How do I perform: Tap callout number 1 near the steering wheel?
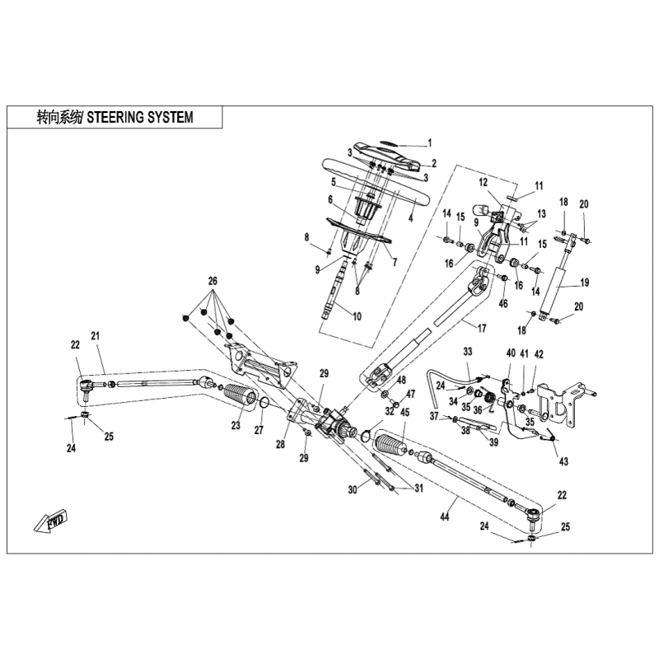(429, 142)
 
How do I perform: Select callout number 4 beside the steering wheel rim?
(410, 217)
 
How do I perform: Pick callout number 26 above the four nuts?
(213, 281)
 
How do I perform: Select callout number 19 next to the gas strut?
(585, 283)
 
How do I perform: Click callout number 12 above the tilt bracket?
(484, 182)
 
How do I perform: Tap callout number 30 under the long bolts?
(353, 489)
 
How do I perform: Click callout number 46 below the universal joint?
(503, 304)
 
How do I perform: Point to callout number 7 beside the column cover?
(395, 263)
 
